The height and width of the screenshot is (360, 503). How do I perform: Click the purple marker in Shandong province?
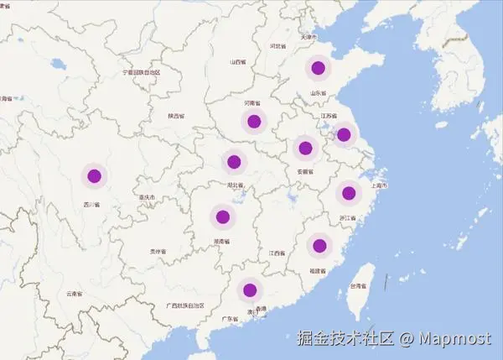pos(318,68)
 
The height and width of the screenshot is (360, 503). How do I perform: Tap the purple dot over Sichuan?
pos(94,176)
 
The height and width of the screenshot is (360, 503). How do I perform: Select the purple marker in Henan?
pos(254,122)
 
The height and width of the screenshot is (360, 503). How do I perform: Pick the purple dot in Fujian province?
pos(319,245)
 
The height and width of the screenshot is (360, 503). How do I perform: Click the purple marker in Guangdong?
pos(249,290)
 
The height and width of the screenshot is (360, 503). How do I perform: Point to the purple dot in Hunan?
pos(222,217)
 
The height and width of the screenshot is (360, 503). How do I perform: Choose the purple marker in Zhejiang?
pos(349,194)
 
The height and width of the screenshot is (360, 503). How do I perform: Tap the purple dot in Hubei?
pos(234,161)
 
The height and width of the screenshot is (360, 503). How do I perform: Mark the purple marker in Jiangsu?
pos(343,133)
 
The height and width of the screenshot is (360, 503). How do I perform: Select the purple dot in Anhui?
pos(305,149)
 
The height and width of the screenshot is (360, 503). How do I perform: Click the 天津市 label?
pos(308,38)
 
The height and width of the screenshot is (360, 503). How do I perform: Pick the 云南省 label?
pos(74,294)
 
